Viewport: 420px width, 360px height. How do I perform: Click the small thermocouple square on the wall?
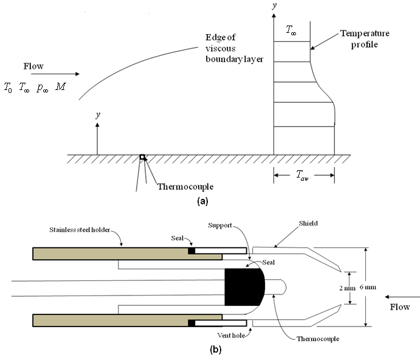point(142,157)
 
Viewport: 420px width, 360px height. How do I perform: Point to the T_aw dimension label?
point(303,175)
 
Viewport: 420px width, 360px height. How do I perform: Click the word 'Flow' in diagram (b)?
point(399,308)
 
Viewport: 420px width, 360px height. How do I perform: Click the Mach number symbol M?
point(61,88)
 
